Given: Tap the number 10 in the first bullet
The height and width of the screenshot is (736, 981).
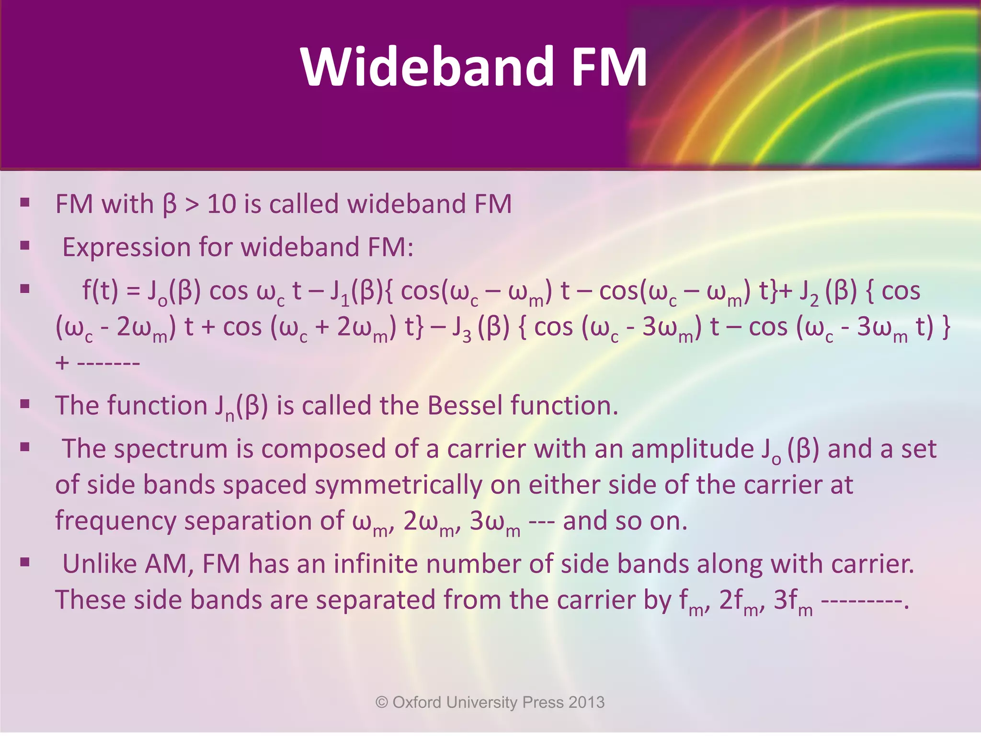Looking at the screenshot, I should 221,204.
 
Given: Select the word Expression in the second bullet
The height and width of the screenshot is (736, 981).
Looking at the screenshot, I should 126,248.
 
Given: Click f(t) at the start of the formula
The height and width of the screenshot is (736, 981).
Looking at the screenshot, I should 100,291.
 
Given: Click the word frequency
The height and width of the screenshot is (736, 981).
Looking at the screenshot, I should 115,521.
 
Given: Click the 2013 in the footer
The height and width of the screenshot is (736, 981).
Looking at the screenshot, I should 586,702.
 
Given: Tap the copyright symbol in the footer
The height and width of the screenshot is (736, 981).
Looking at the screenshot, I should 382,702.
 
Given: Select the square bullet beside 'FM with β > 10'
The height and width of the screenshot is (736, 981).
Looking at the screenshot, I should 25,203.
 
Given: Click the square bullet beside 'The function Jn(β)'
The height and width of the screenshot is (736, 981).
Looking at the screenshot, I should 25,404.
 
